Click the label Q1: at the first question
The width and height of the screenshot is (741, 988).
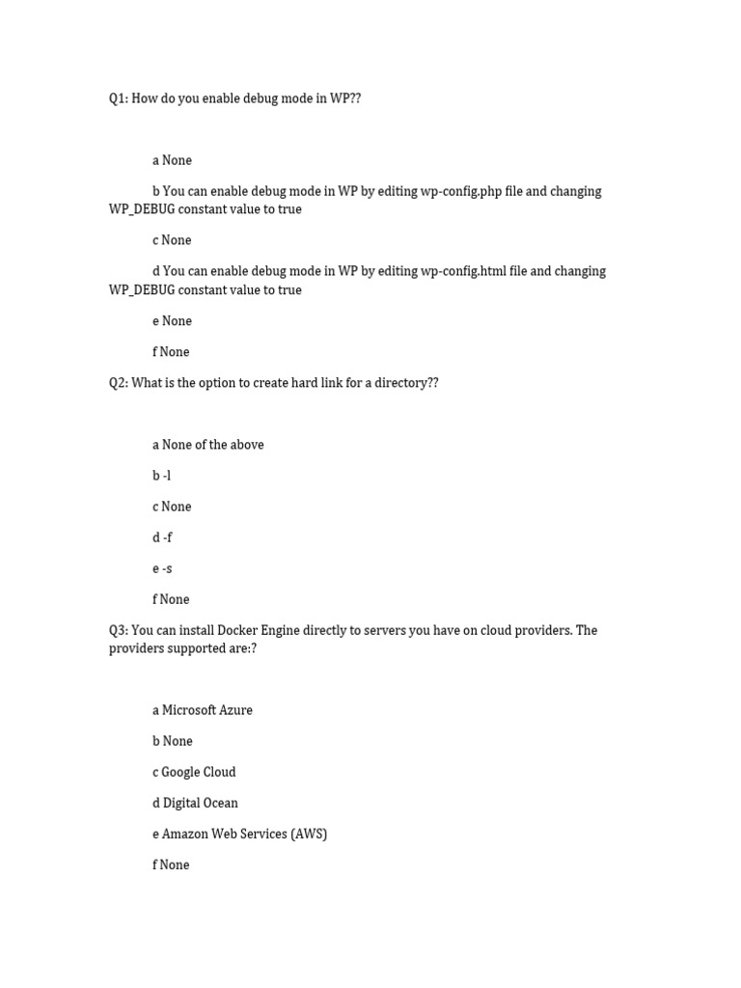(x=118, y=98)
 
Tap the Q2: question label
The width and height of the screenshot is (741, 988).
(x=118, y=383)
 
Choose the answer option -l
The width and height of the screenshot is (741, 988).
(x=167, y=476)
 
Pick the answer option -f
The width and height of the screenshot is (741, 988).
(x=168, y=537)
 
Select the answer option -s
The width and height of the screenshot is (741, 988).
(x=167, y=568)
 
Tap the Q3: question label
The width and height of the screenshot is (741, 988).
(x=118, y=630)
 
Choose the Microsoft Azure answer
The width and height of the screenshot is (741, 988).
(x=206, y=710)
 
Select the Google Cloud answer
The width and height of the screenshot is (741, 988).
(x=198, y=772)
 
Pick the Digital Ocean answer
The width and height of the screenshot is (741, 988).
(x=200, y=803)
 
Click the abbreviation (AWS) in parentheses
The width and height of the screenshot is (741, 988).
(x=309, y=834)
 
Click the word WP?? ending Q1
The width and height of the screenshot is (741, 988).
(x=345, y=98)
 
